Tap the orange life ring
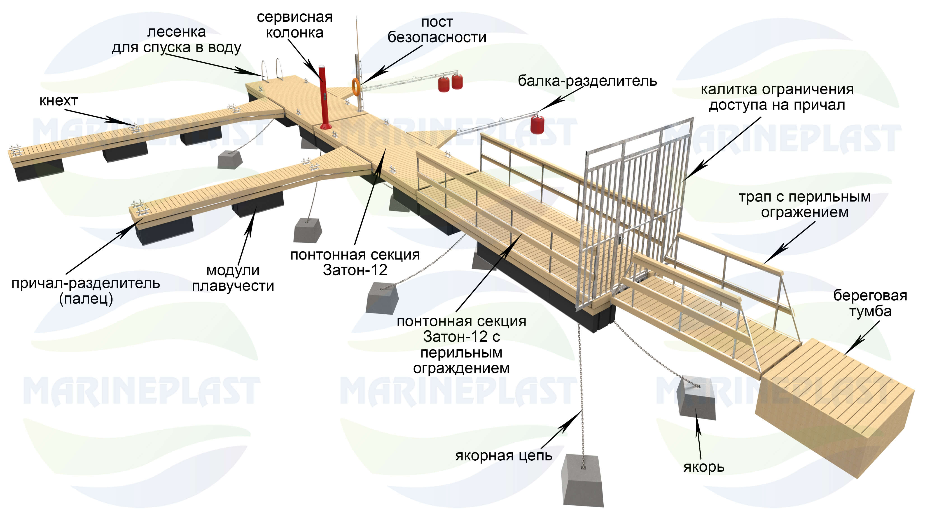tap(355, 87)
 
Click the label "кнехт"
tap(58, 101)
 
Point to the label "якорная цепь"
tap(503, 455)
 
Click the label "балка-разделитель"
tap(587, 81)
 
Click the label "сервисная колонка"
tap(294, 25)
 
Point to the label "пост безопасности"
tap(437, 30)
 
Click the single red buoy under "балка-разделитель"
tap(537, 124)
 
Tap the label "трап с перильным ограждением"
tap(804, 204)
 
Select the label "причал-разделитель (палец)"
tap(85, 291)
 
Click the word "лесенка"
tap(176, 32)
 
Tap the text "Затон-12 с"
tap(461, 337)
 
